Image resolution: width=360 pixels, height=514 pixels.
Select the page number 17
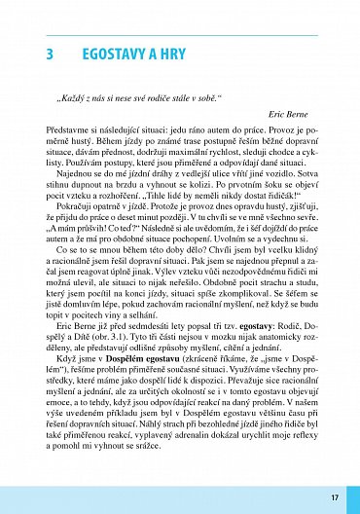pyautogui.click(x=335, y=497)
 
